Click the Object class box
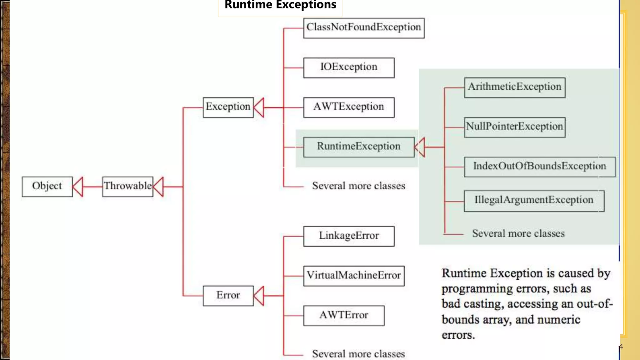coord(47,187)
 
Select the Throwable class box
coord(127,187)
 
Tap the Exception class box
coord(228,107)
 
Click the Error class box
coord(228,296)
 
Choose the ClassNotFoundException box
coord(364,28)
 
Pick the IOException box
coord(349,67)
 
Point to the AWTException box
coord(349,107)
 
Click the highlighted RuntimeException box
coord(359,147)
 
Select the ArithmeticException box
coord(514,87)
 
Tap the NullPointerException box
coord(514,127)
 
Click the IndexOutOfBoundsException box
coord(539,167)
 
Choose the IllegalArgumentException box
coord(534,201)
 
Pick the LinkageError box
coord(349,236)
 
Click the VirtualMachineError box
coord(354,276)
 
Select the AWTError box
coord(344,316)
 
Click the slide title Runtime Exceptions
coord(280,5)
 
